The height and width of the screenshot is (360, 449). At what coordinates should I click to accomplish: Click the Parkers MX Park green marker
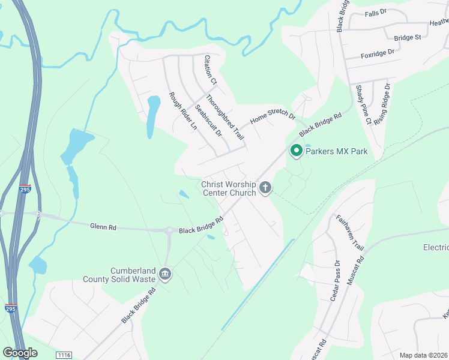pos(296,151)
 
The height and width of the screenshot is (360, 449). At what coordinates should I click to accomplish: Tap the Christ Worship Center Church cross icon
pos(265,188)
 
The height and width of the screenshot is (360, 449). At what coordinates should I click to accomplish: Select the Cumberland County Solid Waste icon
pos(166,275)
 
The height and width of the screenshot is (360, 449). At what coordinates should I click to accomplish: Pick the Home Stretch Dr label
pos(273,111)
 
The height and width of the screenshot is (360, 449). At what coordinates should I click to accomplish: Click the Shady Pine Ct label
pos(363,104)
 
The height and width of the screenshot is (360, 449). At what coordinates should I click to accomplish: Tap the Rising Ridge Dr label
pos(381,103)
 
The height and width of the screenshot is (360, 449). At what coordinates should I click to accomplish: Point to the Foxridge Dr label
pos(378,53)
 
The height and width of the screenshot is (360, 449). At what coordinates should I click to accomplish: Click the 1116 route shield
pos(64,355)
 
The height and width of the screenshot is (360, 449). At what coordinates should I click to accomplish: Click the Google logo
pos(20,353)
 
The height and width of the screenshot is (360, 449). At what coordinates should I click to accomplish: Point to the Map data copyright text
pos(424,355)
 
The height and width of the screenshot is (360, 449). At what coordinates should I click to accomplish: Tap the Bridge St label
pos(408,38)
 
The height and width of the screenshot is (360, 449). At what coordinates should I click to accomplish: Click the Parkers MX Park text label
pos(336,152)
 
